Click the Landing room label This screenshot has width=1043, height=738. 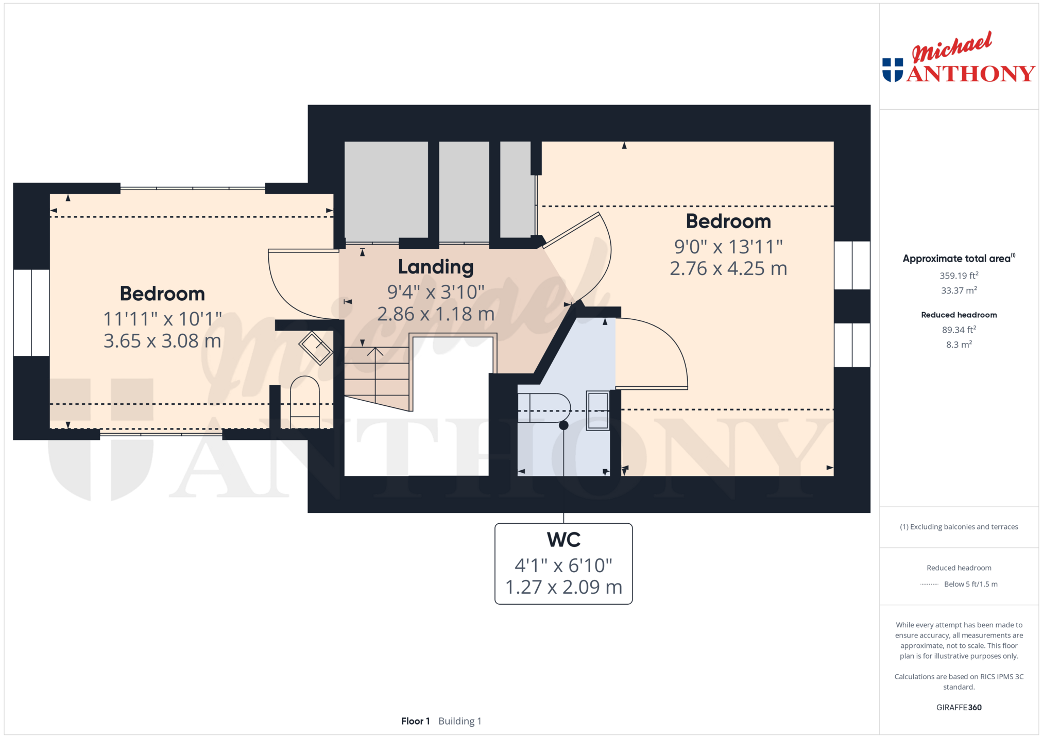tap(436, 267)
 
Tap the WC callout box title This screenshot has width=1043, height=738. tap(563, 540)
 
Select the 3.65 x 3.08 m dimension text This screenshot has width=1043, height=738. tap(162, 341)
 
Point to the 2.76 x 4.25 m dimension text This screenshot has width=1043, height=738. tap(728, 268)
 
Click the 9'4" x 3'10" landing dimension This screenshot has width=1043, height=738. tap(436, 292)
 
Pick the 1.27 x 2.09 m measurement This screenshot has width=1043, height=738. tap(563, 587)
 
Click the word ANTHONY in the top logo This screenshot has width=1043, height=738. tap(971, 74)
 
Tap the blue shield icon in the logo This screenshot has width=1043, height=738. tap(893, 70)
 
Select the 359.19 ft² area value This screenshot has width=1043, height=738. tap(959, 276)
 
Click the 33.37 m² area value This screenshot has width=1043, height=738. tap(959, 290)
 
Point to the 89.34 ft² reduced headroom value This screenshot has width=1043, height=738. tap(959, 330)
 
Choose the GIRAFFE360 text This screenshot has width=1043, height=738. tap(959, 708)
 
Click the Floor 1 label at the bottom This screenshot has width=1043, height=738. tap(415, 721)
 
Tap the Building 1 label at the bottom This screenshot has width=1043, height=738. tap(459, 722)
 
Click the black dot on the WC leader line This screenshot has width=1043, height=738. tap(563, 425)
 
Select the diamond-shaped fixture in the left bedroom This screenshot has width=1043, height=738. tap(316, 348)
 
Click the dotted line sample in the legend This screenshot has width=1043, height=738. tap(929, 585)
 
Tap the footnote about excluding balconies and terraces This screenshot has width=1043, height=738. tap(959, 527)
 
